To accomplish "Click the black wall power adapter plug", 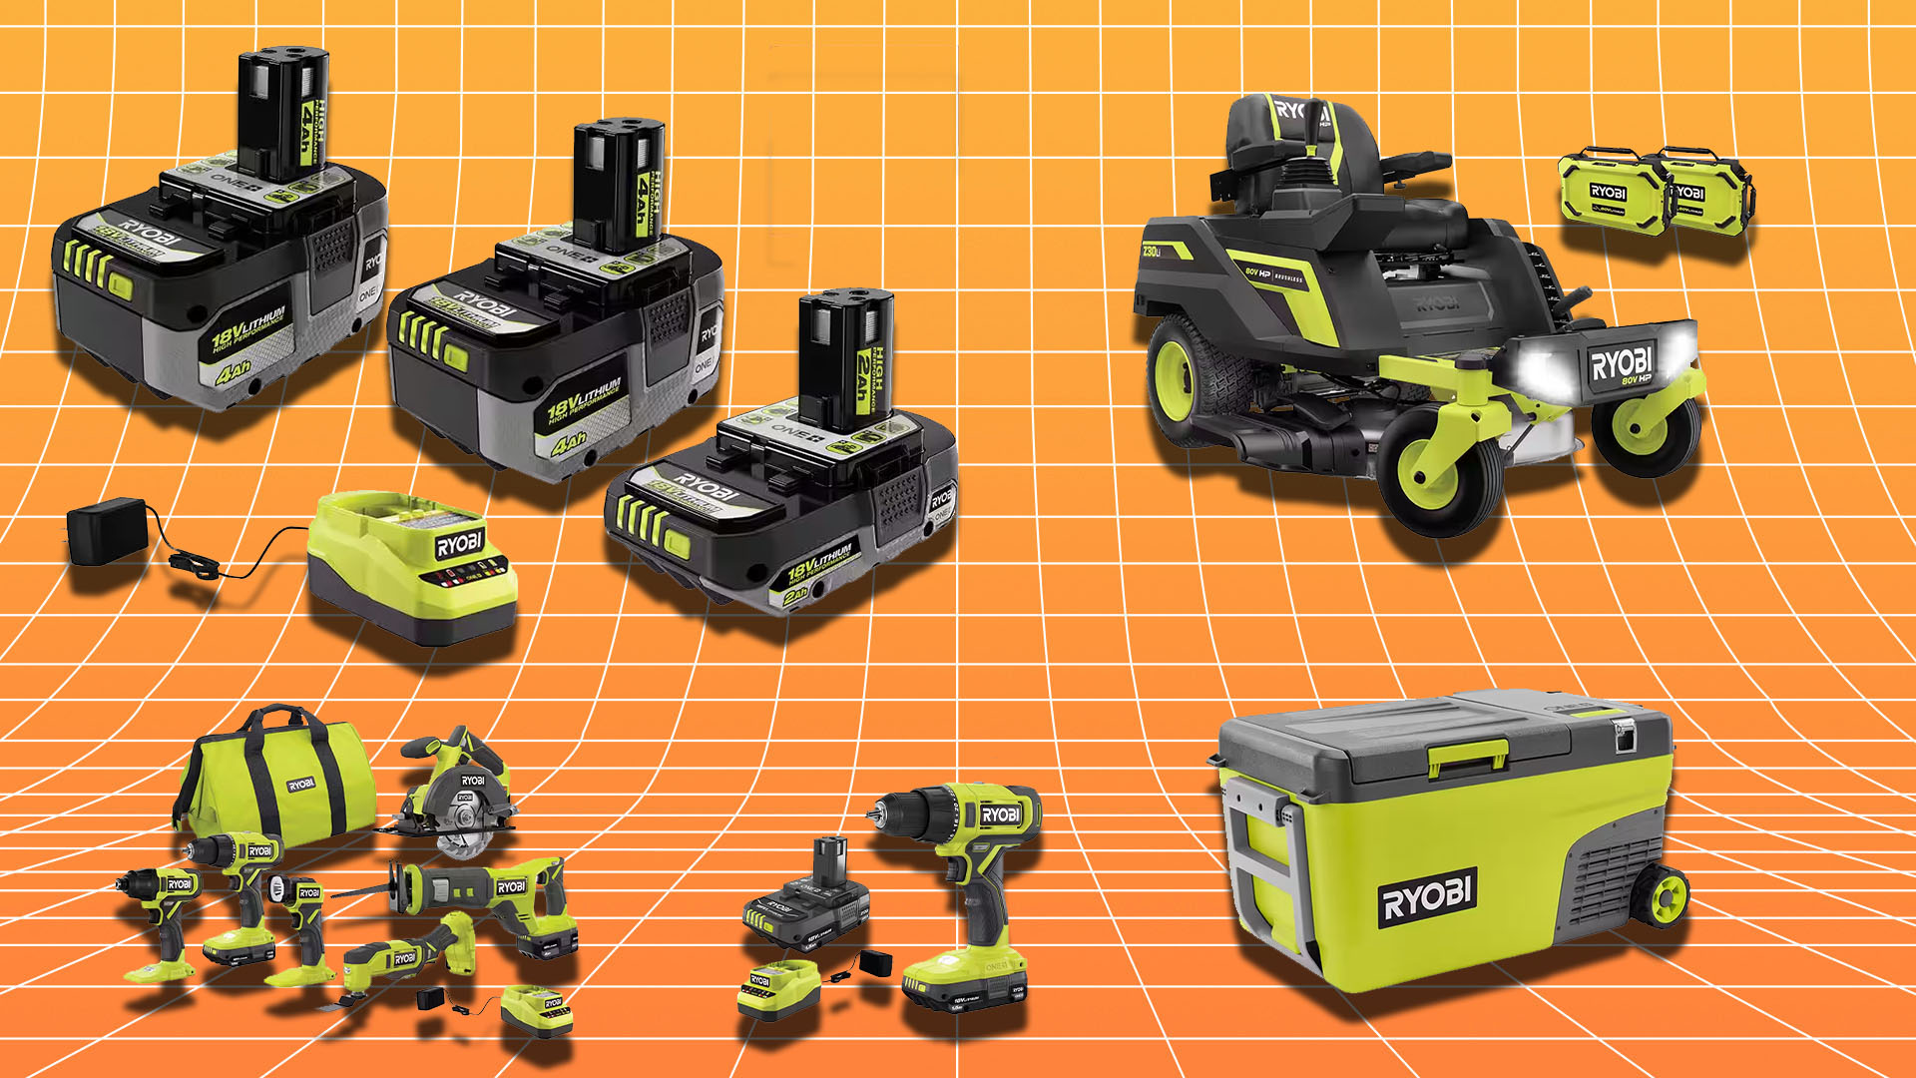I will click(107, 530).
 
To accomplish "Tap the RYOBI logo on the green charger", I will click(459, 544).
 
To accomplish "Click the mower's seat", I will click(1297, 150).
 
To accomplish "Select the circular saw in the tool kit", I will click(459, 794).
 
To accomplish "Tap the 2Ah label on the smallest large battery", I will click(796, 595).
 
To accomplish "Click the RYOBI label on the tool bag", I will click(301, 785).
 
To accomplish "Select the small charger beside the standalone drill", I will click(777, 988).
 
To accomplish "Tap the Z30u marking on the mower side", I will click(1152, 252).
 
